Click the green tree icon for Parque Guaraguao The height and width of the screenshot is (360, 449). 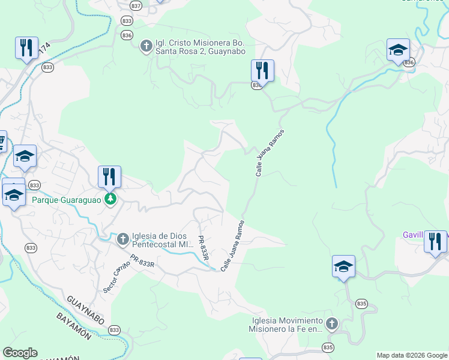(x=110, y=199)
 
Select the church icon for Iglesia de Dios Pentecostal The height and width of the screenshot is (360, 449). (x=122, y=239)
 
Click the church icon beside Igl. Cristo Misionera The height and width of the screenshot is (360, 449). (x=146, y=46)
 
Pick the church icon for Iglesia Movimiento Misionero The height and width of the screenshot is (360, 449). (x=332, y=324)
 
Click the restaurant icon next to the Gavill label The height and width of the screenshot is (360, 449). (x=435, y=241)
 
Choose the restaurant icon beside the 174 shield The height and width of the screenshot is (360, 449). (x=26, y=48)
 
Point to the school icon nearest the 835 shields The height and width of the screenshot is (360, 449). (x=343, y=266)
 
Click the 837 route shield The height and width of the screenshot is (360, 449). (x=136, y=5)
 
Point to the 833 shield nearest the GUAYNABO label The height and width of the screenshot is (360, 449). (x=114, y=329)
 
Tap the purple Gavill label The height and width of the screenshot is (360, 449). (x=412, y=235)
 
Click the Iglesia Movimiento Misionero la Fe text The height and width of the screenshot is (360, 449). (x=286, y=325)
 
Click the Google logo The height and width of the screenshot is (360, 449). (x=20, y=353)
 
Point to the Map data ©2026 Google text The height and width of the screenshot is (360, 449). (x=411, y=355)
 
